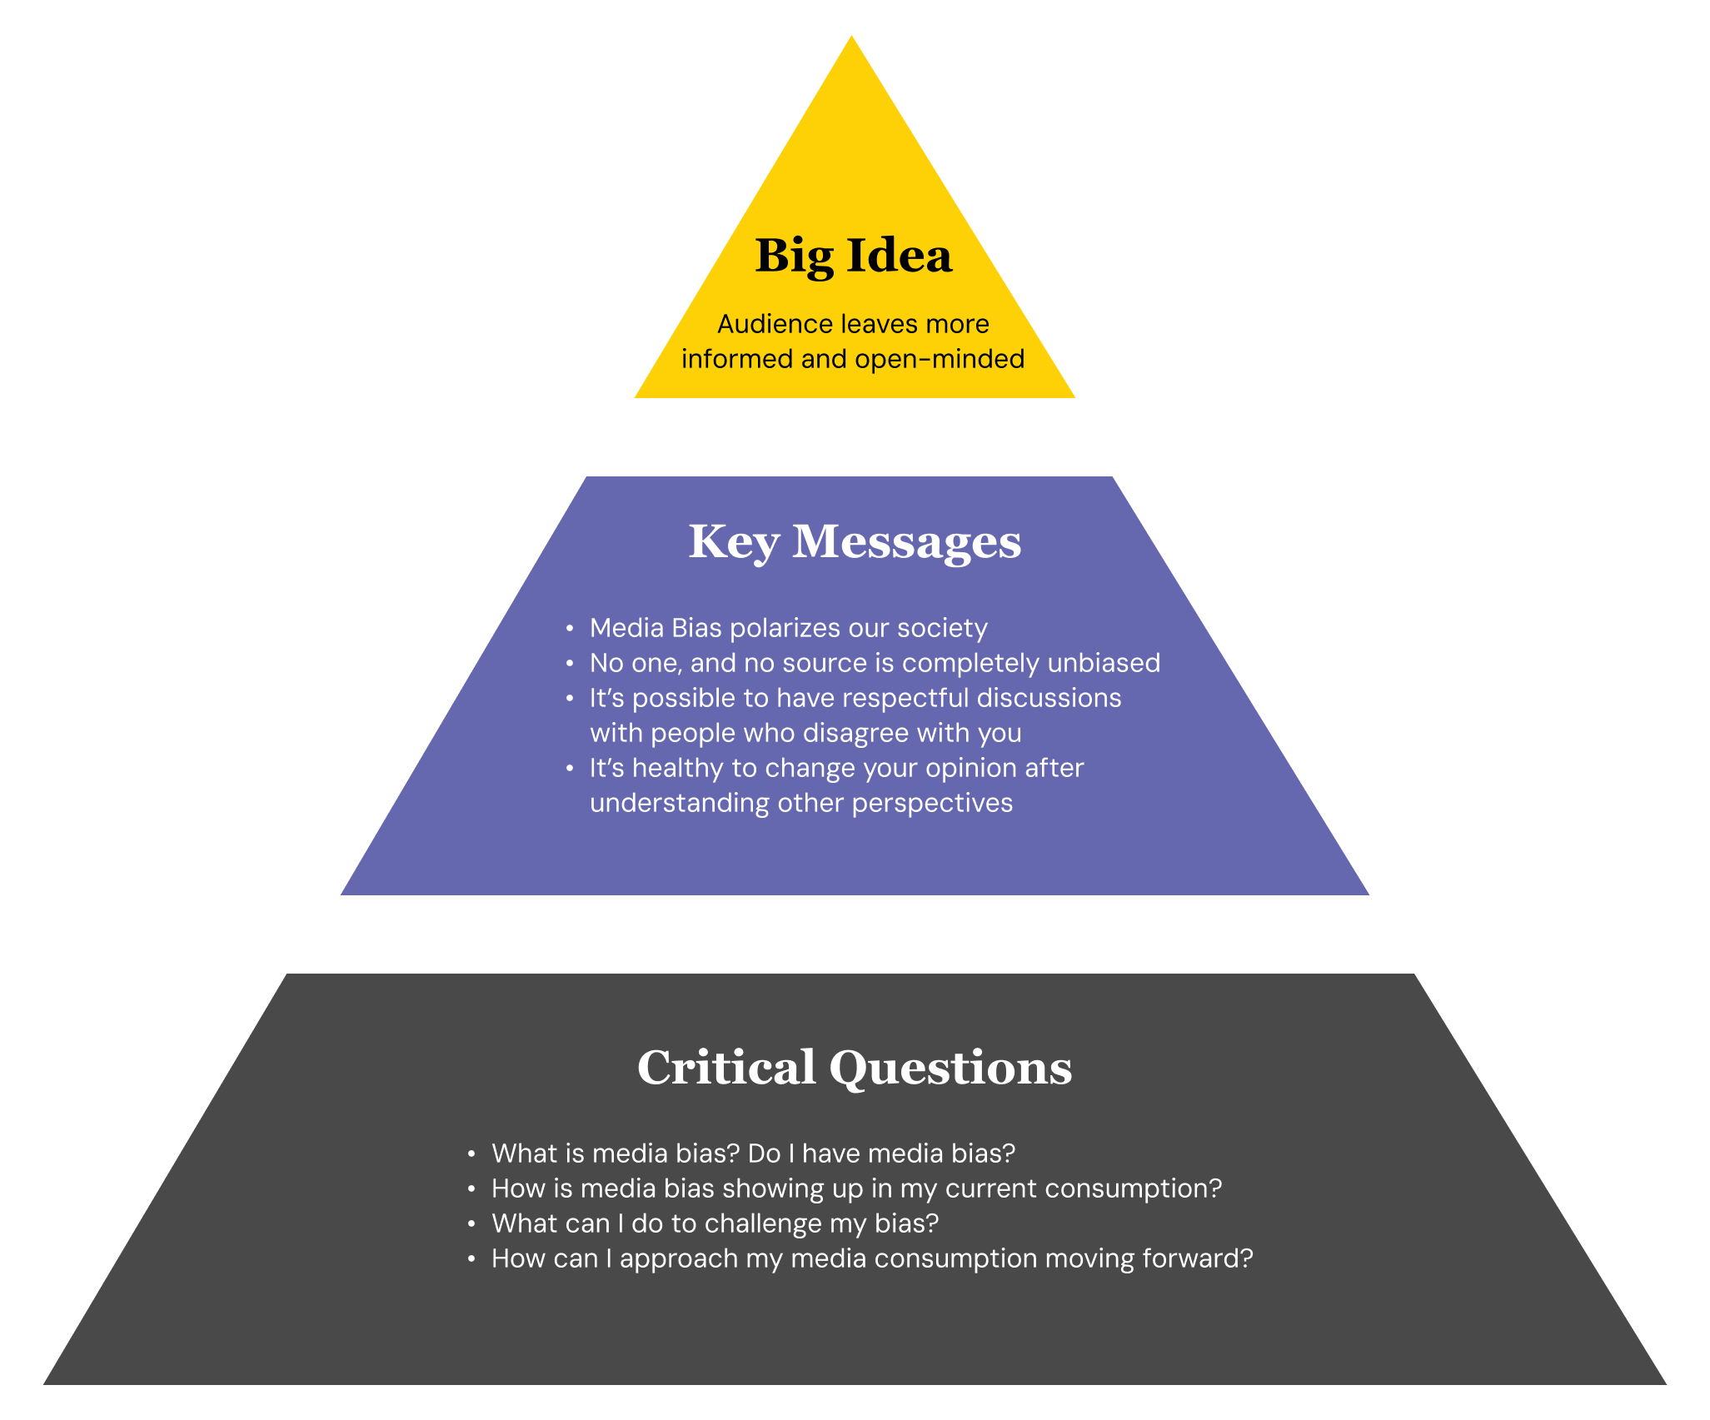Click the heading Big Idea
pos(853,256)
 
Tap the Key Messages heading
pos(855,542)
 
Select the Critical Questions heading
pos(855,1068)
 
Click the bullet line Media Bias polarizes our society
pos(788,628)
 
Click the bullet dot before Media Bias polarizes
pos(570,628)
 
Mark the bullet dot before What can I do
pos(471,1223)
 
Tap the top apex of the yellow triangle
pos(851,38)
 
